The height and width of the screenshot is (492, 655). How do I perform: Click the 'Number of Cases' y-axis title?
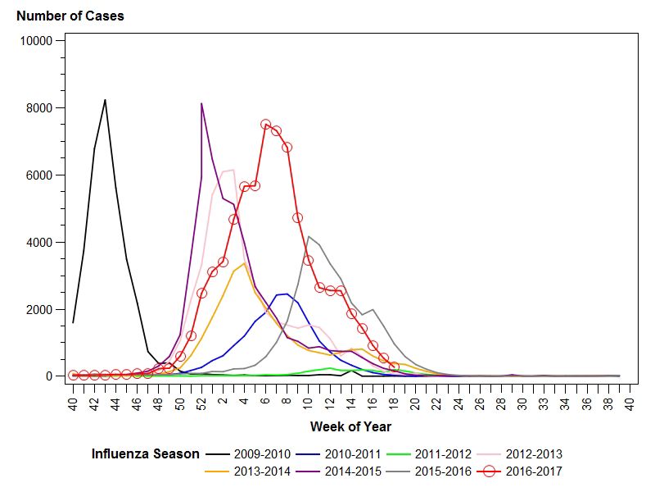click(70, 16)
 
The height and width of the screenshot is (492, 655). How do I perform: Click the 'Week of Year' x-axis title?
click(350, 426)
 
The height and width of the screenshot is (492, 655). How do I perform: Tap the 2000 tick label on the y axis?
click(42, 310)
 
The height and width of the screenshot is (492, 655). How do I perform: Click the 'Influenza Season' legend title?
click(145, 453)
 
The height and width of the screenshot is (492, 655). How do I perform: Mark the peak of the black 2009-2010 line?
click(105, 100)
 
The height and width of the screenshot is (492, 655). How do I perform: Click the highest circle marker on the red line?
click(265, 125)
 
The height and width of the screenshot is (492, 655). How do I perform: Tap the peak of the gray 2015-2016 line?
click(308, 237)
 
